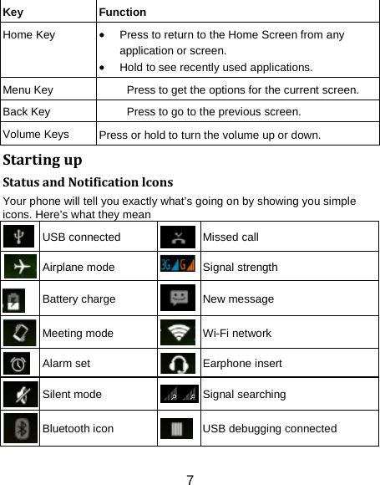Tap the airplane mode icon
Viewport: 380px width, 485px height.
point(19,268)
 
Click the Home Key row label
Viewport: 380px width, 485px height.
point(28,35)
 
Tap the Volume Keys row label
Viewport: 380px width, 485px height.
point(35,132)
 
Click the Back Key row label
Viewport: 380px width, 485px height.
point(27,110)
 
